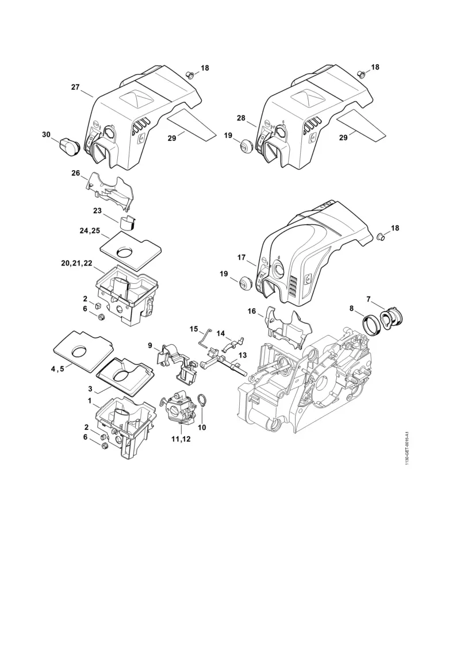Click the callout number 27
pyautogui.click(x=75, y=87)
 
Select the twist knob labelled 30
pyautogui.click(x=69, y=146)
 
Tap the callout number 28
pyautogui.click(x=241, y=118)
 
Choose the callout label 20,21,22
pyautogui.click(x=76, y=263)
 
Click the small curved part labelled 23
pyautogui.click(x=128, y=222)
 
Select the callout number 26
pyautogui.click(x=75, y=174)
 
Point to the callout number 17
pyautogui.click(x=241, y=257)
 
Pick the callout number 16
pyautogui.click(x=252, y=311)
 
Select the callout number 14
pyautogui.click(x=221, y=333)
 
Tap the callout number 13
pyautogui.click(x=242, y=355)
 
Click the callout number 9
pyautogui.click(x=150, y=345)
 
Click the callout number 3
pyautogui.click(x=90, y=389)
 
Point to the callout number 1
pyautogui.click(x=90, y=401)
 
